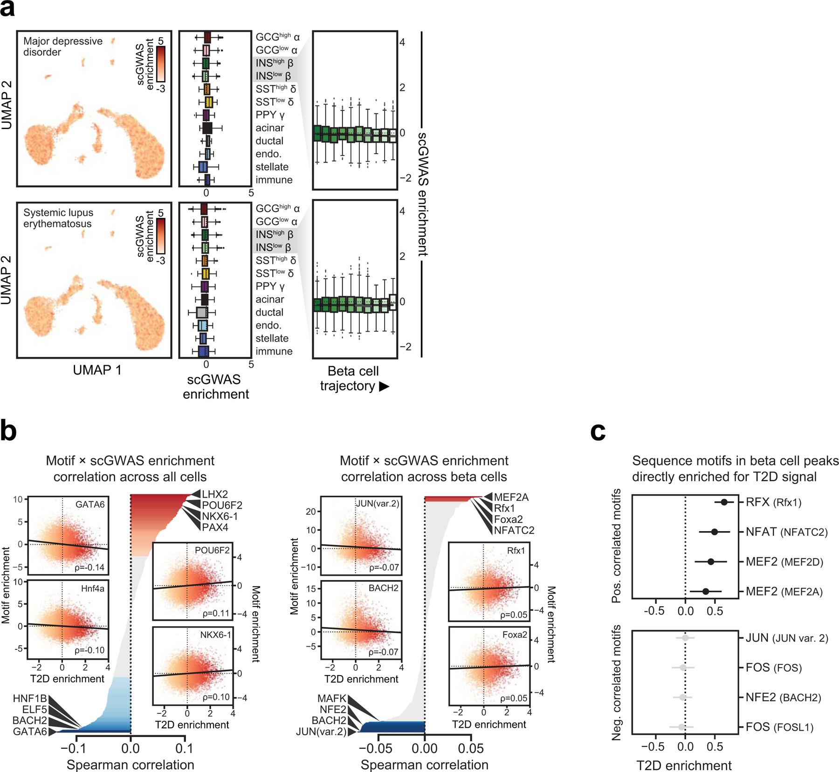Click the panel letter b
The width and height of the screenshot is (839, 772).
pyautogui.click(x=8, y=431)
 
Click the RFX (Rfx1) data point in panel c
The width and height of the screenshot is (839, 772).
pyautogui.click(x=724, y=502)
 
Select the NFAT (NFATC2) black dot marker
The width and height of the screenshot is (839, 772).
pyautogui.click(x=715, y=532)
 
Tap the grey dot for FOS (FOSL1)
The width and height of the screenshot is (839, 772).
pyautogui.click(x=682, y=727)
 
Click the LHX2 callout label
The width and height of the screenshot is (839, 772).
pyautogui.click(x=215, y=494)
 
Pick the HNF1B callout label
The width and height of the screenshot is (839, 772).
pyautogui.click(x=30, y=699)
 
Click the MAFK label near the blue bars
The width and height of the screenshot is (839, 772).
pyautogui.click(x=332, y=698)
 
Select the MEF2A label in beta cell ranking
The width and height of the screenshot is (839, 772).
pyautogui.click(x=511, y=497)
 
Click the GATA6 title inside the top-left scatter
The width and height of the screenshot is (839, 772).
pyautogui.click(x=90, y=504)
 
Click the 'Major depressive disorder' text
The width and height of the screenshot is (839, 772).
pyautogui.click(x=63, y=47)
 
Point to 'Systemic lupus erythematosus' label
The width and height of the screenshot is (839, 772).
pyautogui.click(x=58, y=218)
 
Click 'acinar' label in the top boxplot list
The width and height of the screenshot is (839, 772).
pyautogui.click(x=269, y=128)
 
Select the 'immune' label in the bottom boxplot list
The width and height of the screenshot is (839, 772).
pyautogui.click(x=274, y=351)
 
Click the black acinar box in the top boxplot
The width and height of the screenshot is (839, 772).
pyautogui.click(x=207, y=128)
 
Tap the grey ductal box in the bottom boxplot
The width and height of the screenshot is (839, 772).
pyautogui.click(x=201, y=312)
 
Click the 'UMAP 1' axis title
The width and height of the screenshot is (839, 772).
pyautogui.click(x=97, y=370)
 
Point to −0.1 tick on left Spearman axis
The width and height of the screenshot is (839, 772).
pyautogui.click(x=76, y=749)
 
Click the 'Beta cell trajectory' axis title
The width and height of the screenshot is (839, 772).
pyautogui.click(x=353, y=378)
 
